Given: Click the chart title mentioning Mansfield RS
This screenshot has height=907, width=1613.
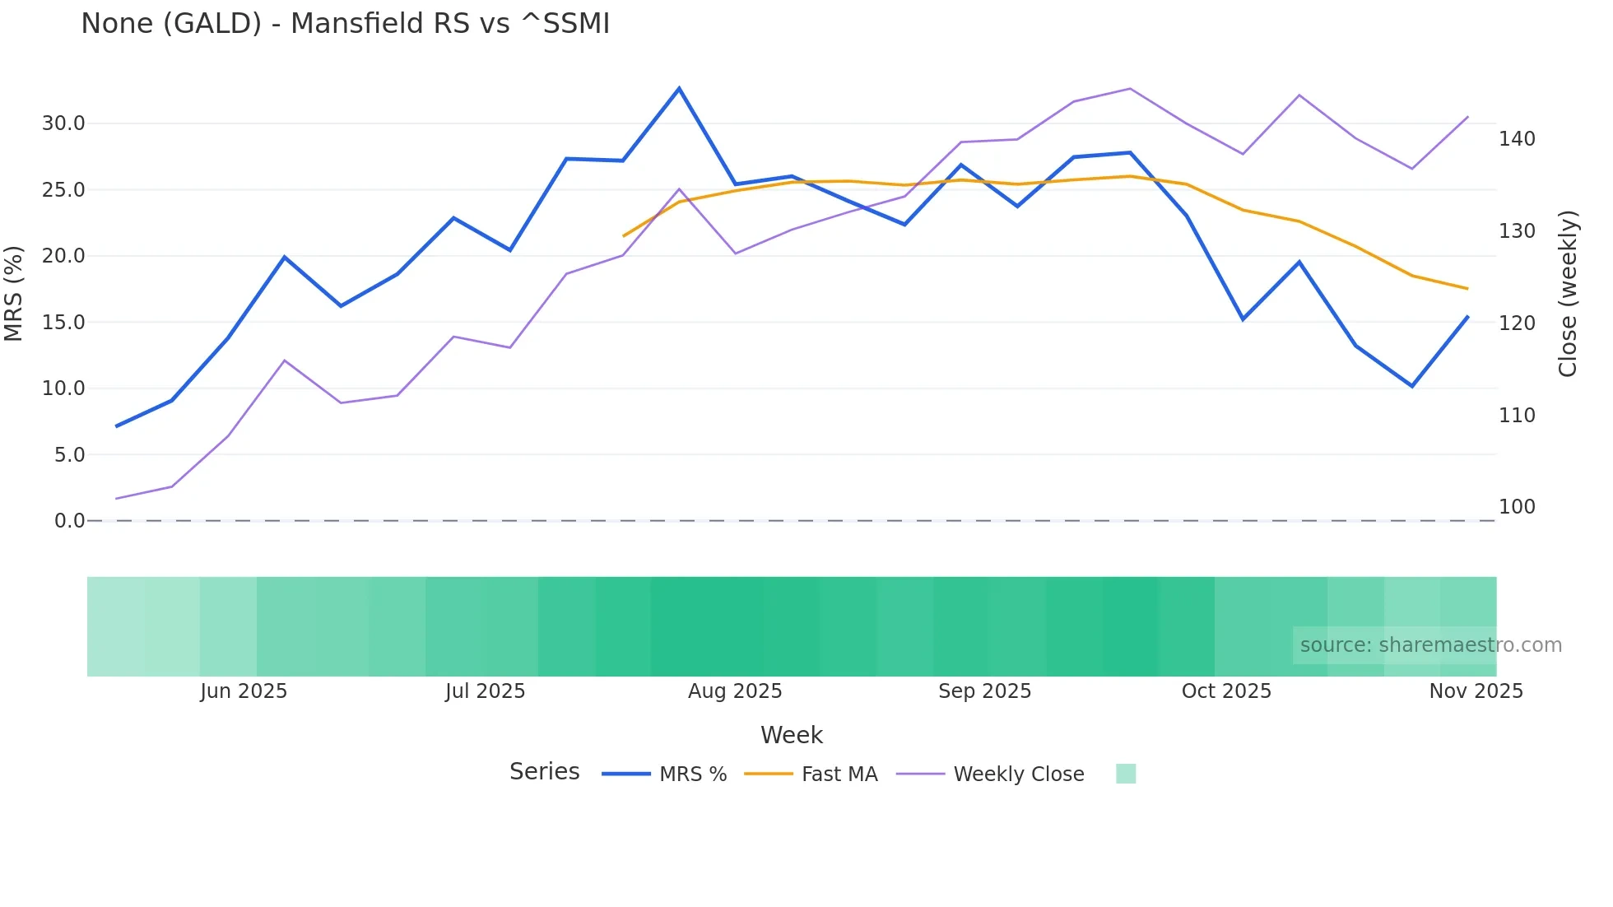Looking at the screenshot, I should pyautogui.click(x=345, y=24).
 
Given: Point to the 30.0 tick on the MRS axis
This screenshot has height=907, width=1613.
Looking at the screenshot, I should pyautogui.click(x=63, y=123).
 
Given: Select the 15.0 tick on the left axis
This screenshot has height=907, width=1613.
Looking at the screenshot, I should pyautogui.click(x=63, y=323).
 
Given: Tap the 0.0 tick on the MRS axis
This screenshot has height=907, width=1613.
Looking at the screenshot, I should pyautogui.click(x=69, y=521).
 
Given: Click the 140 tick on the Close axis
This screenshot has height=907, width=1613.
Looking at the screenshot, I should pyautogui.click(x=1517, y=139).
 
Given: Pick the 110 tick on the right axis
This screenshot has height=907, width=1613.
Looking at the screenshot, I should pyautogui.click(x=1517, y=416).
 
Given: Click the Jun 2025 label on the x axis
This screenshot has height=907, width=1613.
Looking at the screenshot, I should pyautogui.click(x=244, y=691).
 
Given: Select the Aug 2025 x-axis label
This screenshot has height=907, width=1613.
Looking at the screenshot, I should pyautogui.click(x=735, y=691).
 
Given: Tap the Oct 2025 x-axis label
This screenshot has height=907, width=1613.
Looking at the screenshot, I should pyautogui.click(x=1226, y=691).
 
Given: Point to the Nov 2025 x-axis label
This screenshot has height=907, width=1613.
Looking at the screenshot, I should pyautogui.click(x=1476, y=691).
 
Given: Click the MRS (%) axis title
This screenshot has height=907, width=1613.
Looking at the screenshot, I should pyautogui.click(x=14, y=293).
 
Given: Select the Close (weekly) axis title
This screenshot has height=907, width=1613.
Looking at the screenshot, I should pyautogui.click(x=1568, y=294).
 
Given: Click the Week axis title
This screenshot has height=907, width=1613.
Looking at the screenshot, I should pyautogui.click(x=792, y=735).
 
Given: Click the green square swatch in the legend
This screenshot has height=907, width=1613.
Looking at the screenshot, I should pyautogui.click(x=1126, y=774).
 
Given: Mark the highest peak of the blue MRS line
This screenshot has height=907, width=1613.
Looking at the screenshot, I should pyautogui.click(x=679, y=88).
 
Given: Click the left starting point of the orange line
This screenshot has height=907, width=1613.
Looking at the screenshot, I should pyautogui.click(x=624, y=236).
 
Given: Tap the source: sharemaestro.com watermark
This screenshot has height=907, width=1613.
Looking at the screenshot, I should pyautogui.click(x=1430, y=645).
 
